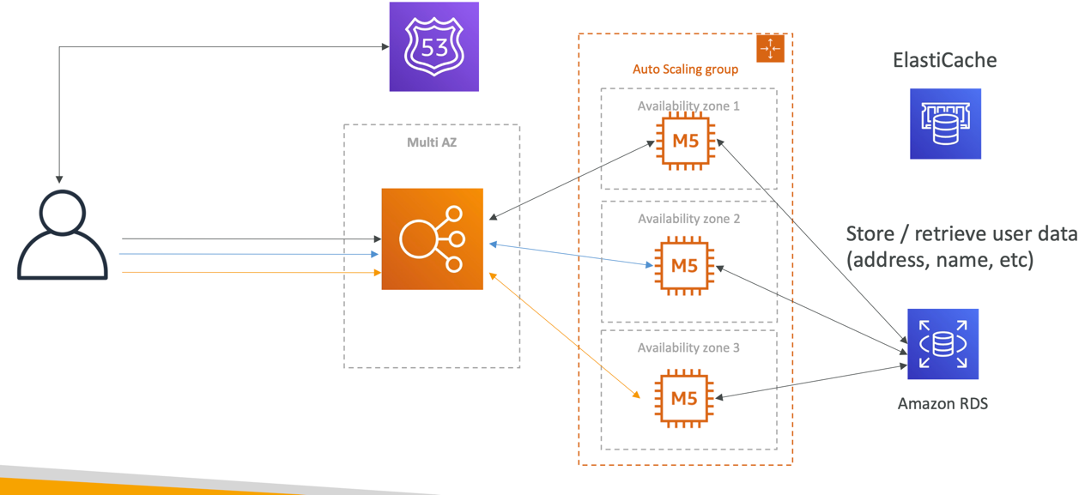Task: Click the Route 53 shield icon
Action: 434,47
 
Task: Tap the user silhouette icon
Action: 63,235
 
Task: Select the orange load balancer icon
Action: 432,238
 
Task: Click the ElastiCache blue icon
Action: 945,124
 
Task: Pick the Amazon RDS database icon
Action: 943,344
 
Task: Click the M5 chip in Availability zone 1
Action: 685,141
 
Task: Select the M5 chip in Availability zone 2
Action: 684,265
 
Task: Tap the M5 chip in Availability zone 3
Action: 684,398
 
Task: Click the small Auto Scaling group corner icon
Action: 770,49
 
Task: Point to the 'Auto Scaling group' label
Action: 685,69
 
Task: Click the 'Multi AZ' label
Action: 432,142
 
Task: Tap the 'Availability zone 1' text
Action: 688,106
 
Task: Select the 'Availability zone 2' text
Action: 688,219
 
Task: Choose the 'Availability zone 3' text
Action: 688,347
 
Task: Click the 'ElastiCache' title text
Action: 944,60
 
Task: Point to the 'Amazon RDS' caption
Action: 943,403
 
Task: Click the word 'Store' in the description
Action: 871,234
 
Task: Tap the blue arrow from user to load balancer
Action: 249,254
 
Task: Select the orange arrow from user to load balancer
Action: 249,272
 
